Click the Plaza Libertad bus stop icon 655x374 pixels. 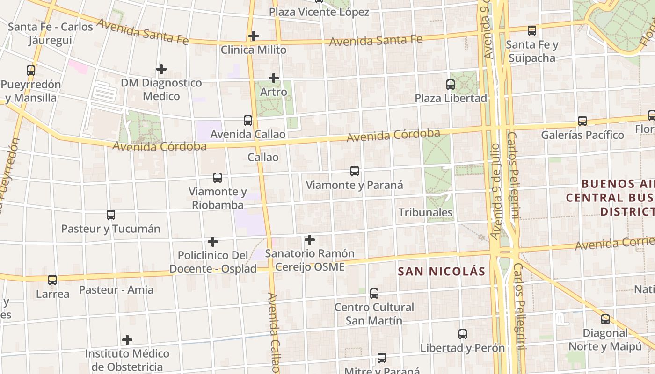451,85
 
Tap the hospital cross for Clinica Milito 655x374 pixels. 254,36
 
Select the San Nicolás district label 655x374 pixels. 442,272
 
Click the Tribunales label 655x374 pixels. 425,212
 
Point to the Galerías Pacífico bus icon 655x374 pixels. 582,121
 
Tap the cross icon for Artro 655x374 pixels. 274,78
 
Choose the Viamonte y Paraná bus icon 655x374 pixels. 355,171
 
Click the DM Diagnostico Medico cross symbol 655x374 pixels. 161,69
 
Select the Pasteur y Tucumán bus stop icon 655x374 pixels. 111,215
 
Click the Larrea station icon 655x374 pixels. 52,280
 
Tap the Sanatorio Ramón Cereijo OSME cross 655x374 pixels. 309,240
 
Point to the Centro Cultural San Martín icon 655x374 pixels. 374,294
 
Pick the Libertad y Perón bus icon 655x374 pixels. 463,334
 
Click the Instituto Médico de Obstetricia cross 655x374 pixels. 127,339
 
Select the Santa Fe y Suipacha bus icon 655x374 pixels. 532,31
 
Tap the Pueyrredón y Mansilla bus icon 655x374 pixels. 31,71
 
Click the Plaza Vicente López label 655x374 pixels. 319,12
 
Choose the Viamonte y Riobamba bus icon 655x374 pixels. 218,178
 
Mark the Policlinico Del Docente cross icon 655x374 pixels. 213,242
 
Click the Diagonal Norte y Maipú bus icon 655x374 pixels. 605,319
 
